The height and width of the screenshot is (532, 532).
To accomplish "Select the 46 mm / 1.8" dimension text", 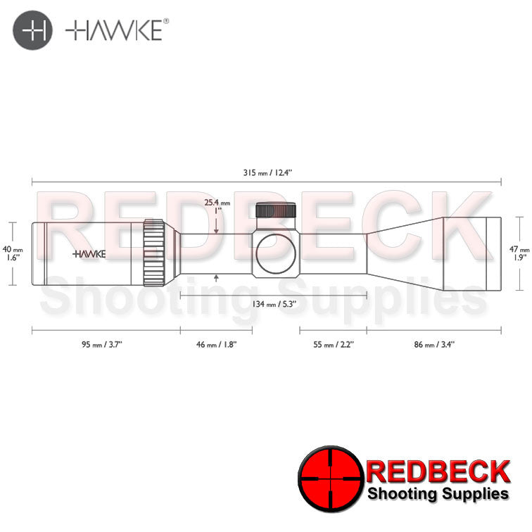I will (217, 344).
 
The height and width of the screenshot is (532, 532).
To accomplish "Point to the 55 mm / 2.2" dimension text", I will (334, 344).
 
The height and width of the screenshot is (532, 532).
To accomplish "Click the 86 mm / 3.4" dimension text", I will (434, 344).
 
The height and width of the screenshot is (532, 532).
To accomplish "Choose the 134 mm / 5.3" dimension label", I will (274, 303).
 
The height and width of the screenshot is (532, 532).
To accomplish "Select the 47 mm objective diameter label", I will (518, 253).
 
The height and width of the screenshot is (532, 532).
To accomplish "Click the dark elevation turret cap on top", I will (276, 211).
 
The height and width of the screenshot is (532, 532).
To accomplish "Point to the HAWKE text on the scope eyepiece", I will (89, 253).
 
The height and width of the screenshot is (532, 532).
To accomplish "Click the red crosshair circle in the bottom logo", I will (329, 477).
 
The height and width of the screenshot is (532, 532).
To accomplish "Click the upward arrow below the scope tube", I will (216, 279).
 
